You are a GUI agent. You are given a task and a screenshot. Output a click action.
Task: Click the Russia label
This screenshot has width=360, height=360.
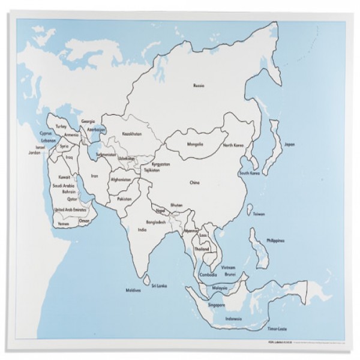(x=198, y=86)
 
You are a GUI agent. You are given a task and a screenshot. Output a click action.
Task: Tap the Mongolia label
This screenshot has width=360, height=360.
(x=196, y=145)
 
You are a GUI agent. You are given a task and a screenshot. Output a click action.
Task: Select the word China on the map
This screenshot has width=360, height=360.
(x=194, y=182)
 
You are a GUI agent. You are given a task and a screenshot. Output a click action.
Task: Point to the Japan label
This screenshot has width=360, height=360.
(x=289, y=145)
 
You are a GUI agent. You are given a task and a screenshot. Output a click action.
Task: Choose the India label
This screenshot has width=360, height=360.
(x=142, y=229)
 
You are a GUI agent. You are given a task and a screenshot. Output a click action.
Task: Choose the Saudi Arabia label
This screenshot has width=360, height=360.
(x=63, y=186)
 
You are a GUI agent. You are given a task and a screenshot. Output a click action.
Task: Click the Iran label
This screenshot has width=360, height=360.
(x=94, y=176)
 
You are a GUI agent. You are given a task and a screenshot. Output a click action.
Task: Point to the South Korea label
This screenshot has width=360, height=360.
(x=248, y=173)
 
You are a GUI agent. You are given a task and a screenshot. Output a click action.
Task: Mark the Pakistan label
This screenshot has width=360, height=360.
(x=125, y=198)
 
